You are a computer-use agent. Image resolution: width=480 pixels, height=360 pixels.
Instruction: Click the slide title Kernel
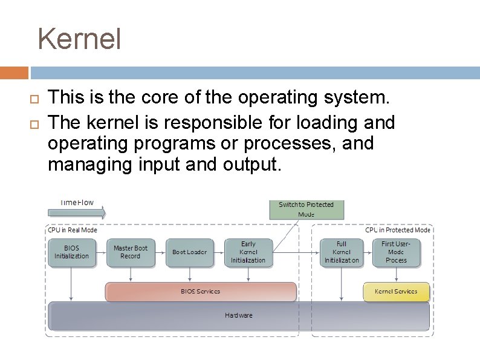click(79, 39)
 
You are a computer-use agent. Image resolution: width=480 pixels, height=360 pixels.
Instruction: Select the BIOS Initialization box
click(71, 252)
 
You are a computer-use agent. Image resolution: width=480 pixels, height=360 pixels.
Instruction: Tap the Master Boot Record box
click(131, 252)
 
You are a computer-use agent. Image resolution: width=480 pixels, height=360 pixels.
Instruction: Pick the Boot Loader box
click(189, 252)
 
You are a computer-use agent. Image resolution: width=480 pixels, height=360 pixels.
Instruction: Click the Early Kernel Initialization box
click(248, 252)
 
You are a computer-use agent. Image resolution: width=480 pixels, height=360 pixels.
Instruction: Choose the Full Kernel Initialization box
click(342, 252)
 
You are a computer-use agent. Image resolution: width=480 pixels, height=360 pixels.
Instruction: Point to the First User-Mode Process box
click(396, 252)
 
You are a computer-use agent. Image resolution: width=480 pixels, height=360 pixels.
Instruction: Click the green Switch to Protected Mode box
click(306, 209)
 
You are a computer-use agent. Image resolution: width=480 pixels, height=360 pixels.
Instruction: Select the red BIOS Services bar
click(201, 292)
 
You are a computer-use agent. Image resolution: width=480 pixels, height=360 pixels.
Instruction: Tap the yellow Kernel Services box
click(396, 292)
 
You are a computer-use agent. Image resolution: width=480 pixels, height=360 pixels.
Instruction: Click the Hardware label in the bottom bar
click(239, 315)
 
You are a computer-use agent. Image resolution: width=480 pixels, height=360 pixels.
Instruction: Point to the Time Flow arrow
click(76, 212)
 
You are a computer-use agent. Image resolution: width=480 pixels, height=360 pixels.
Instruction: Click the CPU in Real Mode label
click(73, 230)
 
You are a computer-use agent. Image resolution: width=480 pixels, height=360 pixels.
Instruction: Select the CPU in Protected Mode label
click(398, 230)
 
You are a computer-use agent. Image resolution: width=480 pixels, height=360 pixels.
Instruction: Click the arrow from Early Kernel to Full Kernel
click(296, 252)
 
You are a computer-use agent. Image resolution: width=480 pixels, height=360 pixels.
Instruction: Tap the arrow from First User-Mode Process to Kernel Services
click(396, 275)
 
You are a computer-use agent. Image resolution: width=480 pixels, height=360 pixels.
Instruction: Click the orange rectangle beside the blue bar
click(14, 73)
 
